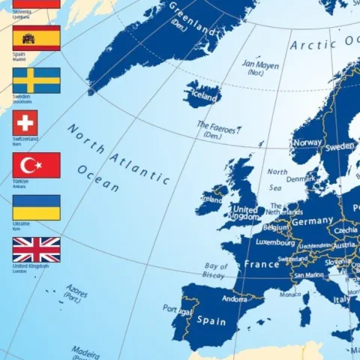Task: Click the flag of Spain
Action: (36, 37)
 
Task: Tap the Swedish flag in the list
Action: (36, 80)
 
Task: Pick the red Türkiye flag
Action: (36, 165)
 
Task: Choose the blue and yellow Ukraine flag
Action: (36, 208)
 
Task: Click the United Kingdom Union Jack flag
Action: (36, 250)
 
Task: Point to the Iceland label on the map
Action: (204, 97)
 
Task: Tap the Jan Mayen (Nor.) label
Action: (260, 68)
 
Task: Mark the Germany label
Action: (311, 221)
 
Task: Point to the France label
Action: (262, 265)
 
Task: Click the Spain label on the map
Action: (211, 321)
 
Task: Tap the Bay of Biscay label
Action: (215, 271)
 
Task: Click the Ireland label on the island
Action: (211, 199)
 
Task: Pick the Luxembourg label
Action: (275, 243)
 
